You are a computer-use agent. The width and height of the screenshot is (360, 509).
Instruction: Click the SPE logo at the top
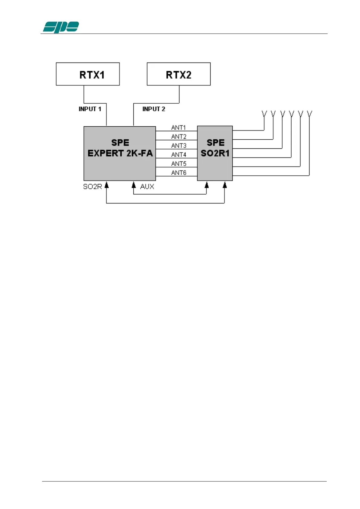61,27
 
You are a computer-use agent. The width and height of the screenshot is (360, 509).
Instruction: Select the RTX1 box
88,74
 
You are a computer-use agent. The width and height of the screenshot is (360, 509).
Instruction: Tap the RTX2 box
178,74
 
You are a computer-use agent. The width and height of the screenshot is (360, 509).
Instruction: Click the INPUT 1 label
90,109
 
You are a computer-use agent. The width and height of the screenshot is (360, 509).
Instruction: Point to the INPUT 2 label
154,109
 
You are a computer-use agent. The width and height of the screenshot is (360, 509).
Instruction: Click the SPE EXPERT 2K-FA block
120,153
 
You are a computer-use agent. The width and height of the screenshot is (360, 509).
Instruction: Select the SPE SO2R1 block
215,153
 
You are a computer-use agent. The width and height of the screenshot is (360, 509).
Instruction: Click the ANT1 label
178,128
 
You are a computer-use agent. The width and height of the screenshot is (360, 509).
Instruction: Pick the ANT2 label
178,137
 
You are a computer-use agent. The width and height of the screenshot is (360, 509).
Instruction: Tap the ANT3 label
178,146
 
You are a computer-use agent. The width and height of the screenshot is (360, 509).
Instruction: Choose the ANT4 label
178,155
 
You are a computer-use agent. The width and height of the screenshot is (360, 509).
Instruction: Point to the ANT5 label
178,164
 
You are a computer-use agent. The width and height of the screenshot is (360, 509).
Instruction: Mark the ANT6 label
178,173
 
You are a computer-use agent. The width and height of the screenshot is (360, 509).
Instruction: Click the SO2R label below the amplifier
92,187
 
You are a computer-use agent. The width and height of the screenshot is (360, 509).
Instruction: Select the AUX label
147,187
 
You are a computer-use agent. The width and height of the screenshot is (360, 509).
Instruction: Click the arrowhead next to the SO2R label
106,185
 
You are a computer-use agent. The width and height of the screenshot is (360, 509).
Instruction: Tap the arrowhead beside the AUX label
134,185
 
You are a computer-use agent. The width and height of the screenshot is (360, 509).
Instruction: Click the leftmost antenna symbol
264,114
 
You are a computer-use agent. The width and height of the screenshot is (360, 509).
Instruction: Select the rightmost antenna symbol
309,114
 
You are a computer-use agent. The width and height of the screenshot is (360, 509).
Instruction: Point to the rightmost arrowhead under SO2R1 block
224,185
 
